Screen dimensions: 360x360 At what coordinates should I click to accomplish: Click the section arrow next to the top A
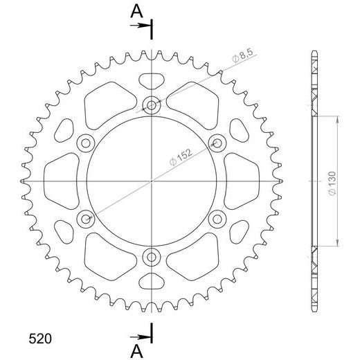(x=141, y=26)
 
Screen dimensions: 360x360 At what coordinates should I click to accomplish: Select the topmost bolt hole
(x=151, y=105)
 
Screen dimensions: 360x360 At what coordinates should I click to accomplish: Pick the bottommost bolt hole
(x=151, y=258)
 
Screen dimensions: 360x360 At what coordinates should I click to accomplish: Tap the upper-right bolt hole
(x=216, y=143)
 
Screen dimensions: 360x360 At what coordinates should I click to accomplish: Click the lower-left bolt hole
(x=86, y=219)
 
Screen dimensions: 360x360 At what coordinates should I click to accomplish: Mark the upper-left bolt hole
(x=86, y=143)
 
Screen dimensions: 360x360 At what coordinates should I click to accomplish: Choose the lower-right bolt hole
(x=216, y=219)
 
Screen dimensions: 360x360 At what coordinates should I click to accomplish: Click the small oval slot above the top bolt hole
(x=151, y=80)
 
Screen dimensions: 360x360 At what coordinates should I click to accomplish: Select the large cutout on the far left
(x=62, y=181)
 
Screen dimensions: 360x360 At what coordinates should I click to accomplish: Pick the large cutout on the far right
(x=241, y=181)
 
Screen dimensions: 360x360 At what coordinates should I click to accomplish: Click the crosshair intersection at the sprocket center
(x=151, y=181)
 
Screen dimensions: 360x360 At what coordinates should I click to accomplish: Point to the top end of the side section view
(x=314, y=54)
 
